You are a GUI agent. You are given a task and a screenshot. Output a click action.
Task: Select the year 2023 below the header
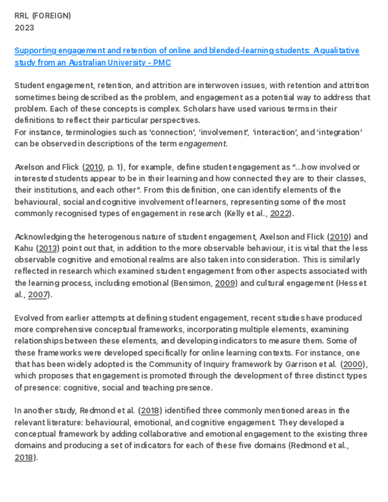[x=25, y=28]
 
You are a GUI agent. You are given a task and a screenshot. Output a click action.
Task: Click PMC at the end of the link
[x=162, y=63]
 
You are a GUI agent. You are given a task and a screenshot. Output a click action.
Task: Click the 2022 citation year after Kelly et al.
[x=279, y=213]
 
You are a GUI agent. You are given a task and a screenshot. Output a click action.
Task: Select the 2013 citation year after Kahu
[x=48, y=248]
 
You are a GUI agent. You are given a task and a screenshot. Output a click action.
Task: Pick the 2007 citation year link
[x=38, y=294]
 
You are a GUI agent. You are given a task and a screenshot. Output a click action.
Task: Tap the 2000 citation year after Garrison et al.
[x=353, y=364]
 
